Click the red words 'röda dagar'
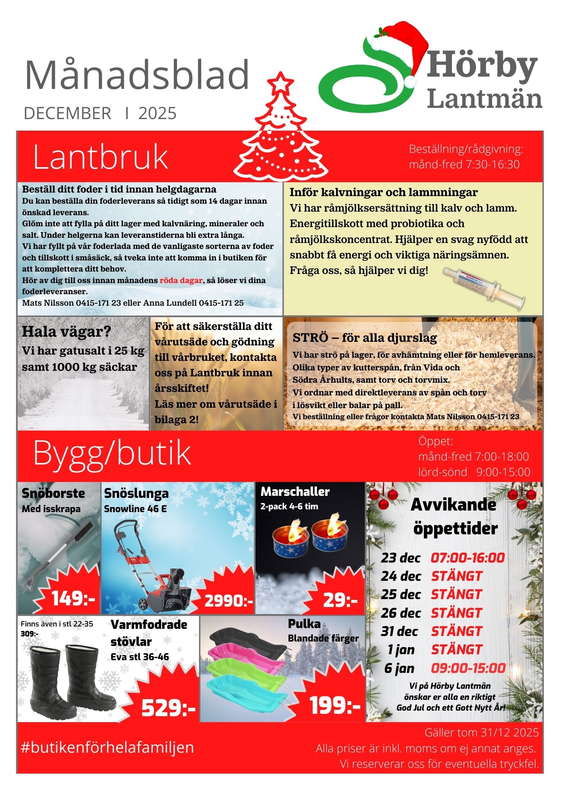pos(181,280)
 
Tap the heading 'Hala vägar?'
pos(66,331)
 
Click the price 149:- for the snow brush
pos(73,599)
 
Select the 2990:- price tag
pos(229,601)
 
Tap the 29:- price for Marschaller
pos(340,600)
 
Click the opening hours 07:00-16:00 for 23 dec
pos(468,558)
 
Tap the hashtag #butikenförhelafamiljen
pos(108,747)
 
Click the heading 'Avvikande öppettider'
pos(455,516)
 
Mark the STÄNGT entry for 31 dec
pos(457,631)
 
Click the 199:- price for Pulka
pos(335,705)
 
